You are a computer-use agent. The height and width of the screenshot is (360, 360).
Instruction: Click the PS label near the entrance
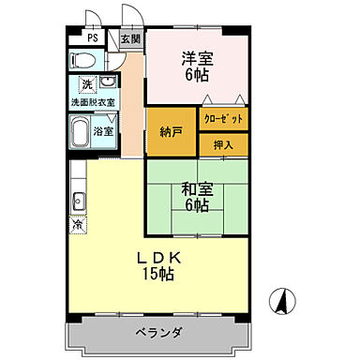click(x=92, y=38)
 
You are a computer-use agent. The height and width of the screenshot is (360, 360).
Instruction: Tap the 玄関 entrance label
click(x=130, y=38)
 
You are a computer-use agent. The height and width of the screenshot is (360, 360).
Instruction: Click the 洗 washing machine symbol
click(x=86, y=85)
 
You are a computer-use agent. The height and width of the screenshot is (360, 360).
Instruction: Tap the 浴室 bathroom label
click(x=104, y=130)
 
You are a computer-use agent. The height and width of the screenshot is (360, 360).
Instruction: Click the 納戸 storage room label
click(x=171, y=131)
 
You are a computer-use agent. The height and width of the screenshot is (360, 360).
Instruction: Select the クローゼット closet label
click(x=224, y=118)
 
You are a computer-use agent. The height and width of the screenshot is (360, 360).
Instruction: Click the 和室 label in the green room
click(x=197, y=188)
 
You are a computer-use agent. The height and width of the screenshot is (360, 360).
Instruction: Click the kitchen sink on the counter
click(x=77, y=201)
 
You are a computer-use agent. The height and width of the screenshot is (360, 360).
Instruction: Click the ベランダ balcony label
click(x=157, y=333)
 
